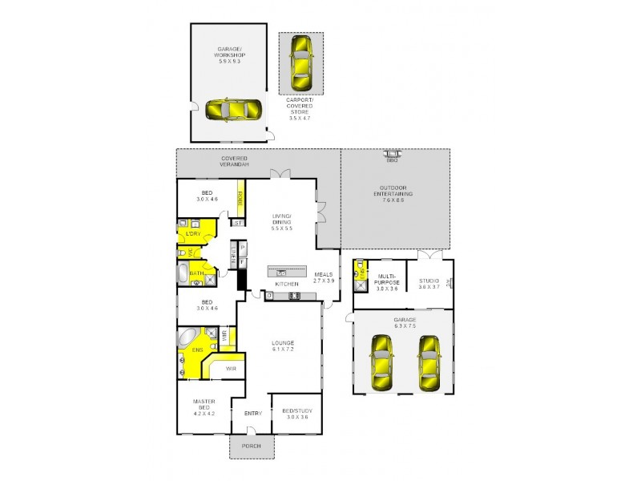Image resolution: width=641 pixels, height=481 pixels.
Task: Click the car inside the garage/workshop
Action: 232,109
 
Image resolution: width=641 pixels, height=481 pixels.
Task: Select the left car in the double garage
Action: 381,363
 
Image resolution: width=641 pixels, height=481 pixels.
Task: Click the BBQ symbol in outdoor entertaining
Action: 393,155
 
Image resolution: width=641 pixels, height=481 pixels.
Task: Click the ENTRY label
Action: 253,414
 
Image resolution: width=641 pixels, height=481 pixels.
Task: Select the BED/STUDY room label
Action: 296,413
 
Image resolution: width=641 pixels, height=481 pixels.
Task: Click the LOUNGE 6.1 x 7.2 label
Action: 283,346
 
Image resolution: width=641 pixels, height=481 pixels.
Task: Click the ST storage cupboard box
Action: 237,222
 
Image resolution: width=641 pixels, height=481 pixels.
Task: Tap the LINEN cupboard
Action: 232,257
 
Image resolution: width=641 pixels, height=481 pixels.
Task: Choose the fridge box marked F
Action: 241,261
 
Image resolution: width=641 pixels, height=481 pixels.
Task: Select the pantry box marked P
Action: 241,248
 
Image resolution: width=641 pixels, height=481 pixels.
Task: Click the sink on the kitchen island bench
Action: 281,273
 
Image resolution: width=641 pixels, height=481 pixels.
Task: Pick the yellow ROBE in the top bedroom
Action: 239,200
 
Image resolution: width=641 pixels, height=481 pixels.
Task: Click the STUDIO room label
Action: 429,282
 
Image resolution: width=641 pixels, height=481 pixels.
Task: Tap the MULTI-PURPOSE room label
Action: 387,282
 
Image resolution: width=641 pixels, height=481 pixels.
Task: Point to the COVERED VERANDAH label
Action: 234,161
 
